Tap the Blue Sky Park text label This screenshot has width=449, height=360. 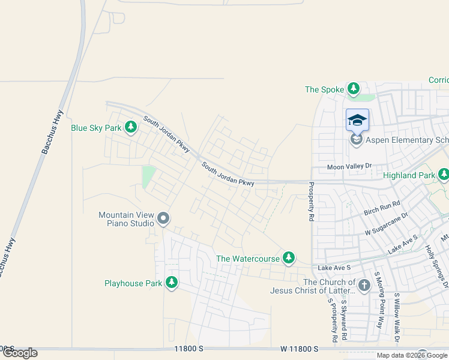pyautogui.click(x=96, y=128)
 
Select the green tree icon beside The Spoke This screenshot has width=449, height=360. pyautogui.click(x=354, y=89)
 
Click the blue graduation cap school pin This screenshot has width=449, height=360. pyautogui.click(x=357, y=120)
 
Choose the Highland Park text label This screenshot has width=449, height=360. pyautogui.click(x=408, y=175)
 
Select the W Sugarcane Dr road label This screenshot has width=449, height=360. pyautogui.click(x=387, y=223)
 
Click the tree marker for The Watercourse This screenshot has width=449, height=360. pyautogui.click(x=289, y=257)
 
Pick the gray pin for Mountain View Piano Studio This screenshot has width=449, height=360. pyautogui.click(x=164, y=220)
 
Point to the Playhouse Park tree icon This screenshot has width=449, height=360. pyautogui.click(x=172, y=282)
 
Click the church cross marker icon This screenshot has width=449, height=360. pyautogui.click(x=364, y=286)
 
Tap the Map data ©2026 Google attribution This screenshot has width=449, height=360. pyautogui.click(x=412, y=355)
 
